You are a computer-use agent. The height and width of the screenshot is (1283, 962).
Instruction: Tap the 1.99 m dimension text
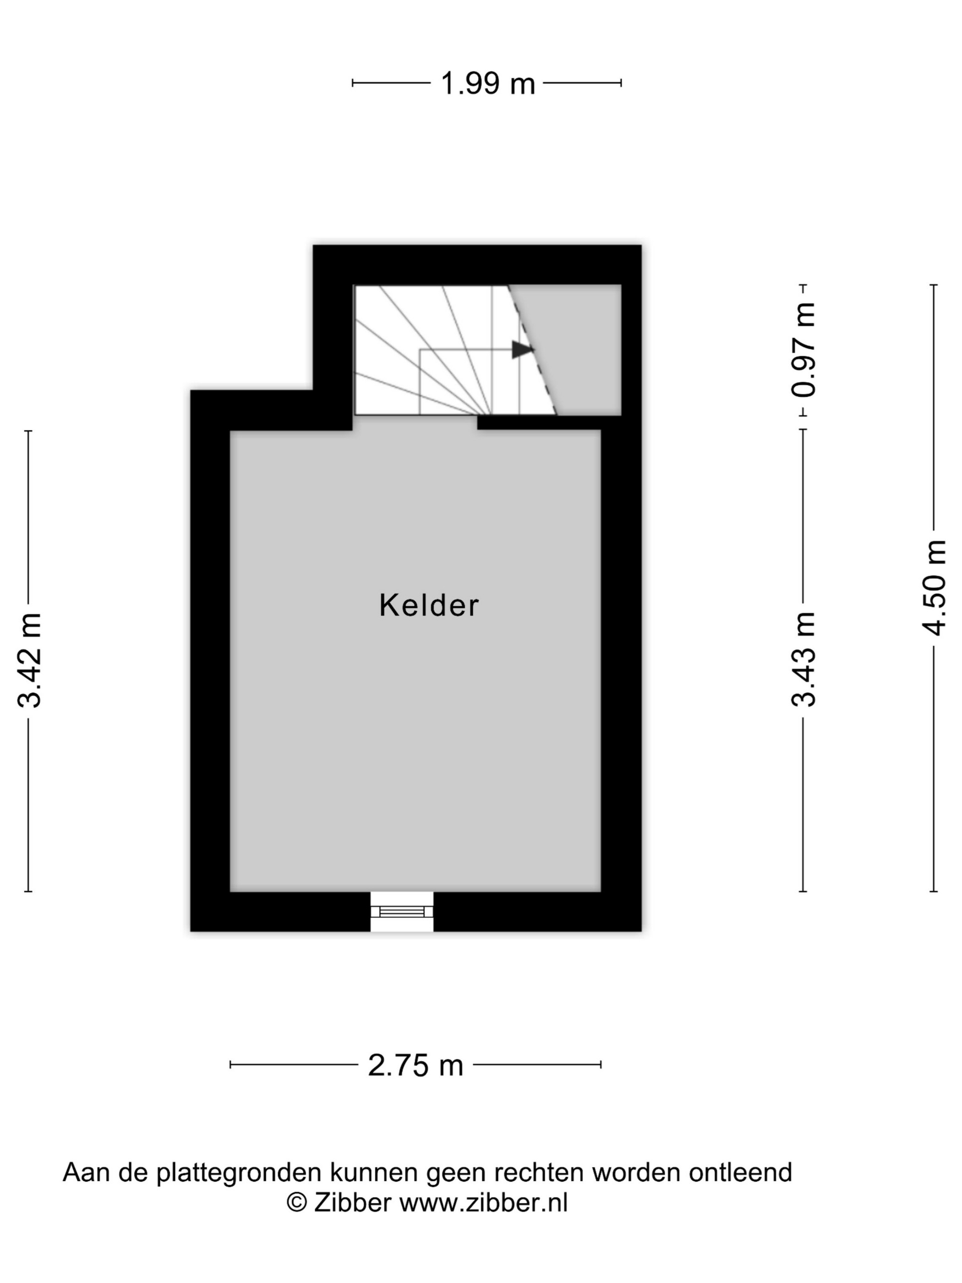coord(487,83)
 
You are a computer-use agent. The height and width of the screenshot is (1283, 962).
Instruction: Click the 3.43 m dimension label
coord(803,659)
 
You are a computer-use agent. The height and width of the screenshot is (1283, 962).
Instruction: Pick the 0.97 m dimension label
coord(803,350)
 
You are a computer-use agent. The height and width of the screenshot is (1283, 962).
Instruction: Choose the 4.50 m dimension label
coord(934,587)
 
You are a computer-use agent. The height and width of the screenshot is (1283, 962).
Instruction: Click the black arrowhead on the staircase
coord(522,350)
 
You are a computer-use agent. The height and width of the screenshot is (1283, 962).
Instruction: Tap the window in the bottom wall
coord(402,911)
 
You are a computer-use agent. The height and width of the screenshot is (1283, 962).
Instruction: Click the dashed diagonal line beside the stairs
coord(532,350)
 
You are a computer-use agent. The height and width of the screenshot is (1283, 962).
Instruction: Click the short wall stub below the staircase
coord(539,423)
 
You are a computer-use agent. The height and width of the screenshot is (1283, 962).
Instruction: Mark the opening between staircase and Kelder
coord(415,423)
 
